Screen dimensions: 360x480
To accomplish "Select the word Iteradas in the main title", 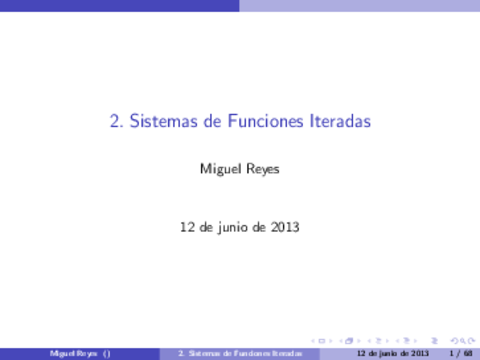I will pyautogui.click(x=339, y=122).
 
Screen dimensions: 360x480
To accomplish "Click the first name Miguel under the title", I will pyautogui.click(x=219, y=169).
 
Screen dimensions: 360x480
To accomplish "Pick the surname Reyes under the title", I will pyautogui.click(x=262, y=169).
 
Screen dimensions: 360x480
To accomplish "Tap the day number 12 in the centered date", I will pyautogui.click(x=186, y=227).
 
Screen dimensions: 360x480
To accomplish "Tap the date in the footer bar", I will pyautogui.click(x=385, y=353).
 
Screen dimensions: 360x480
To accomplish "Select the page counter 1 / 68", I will pyautogui.click(x=461, y=353).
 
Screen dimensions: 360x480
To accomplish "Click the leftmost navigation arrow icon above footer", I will pyautogui.click(x=319, y=340).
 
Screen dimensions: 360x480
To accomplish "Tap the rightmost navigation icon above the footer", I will pyautogui.click(x=468, y=340).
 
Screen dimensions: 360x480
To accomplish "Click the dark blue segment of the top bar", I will pyautogui.click(x=120, y=5).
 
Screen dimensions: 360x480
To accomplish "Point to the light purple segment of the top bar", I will pyautogui.click(x=360, y=5).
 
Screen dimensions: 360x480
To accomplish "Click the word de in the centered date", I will pyautogui.click(x=208, y=227).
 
